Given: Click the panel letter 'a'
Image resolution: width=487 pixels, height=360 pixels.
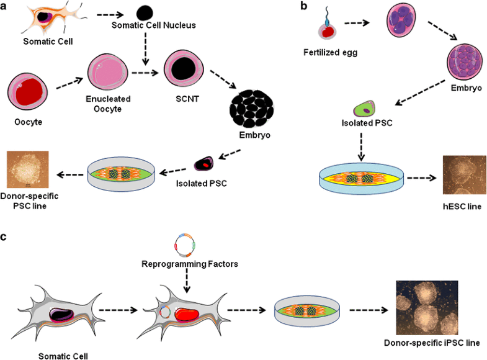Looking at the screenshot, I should pos(6,6).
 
